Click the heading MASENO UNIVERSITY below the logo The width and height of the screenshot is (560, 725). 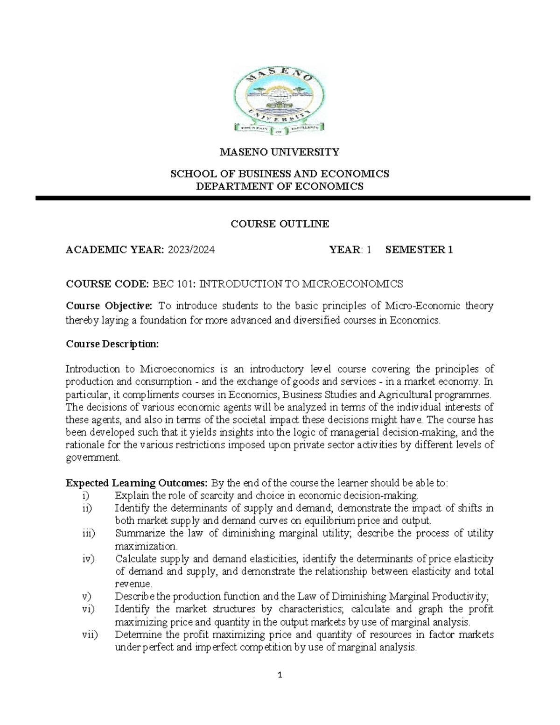[280, 152]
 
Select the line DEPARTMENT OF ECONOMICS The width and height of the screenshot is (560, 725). [280, 187]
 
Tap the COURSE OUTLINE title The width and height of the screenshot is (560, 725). [280, 224]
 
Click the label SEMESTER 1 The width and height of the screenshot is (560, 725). [419, 250]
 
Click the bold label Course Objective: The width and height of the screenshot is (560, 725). [109, 306]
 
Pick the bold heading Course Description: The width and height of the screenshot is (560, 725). [112, 344]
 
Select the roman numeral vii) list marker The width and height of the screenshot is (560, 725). [87, 635]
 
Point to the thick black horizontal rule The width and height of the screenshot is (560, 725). [283, 198]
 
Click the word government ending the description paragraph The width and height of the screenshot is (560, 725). [92, 458]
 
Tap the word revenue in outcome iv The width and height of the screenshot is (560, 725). [133, 584]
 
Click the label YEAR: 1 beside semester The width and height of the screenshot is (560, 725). [350, 250]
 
